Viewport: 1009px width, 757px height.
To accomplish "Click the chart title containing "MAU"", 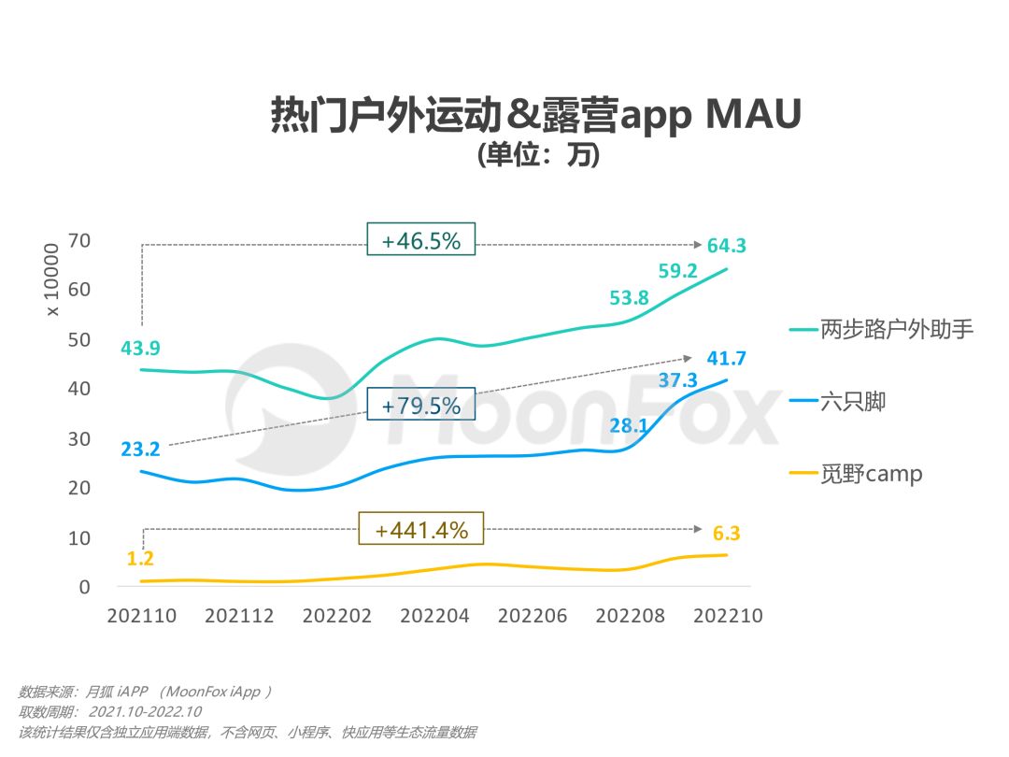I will [536, 116].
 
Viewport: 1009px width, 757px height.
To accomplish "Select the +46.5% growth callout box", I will [420, 240].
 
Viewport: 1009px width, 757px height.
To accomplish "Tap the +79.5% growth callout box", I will [420, 406].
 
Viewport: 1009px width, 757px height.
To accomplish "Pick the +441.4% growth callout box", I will [420, 530].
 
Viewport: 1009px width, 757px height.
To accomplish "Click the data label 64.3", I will [726, 246].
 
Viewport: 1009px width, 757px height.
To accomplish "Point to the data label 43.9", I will [140, 349].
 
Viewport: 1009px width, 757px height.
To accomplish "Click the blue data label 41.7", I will [726, 358].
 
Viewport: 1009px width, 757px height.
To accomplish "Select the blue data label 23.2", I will [140, 450].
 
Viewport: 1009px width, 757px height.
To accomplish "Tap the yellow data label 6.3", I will [726, 534].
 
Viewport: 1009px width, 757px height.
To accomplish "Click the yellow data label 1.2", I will [140, 560].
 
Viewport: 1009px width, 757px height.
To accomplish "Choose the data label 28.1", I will [629, 426].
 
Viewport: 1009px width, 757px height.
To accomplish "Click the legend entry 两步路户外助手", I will [882, 329].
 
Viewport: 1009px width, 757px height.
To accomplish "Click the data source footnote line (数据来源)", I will [145, 693].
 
